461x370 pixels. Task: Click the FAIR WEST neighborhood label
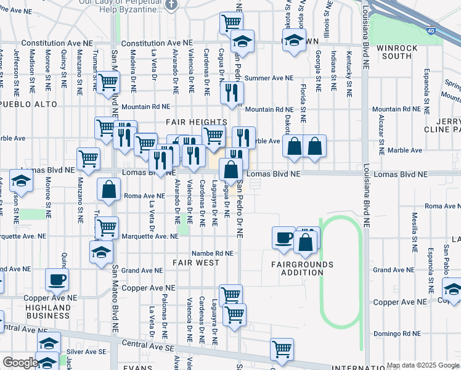coord(196,263)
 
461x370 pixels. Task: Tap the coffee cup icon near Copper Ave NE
coord(57,279)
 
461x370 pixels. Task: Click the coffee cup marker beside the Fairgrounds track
coord(284,237)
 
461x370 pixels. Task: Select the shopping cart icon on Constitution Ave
coord(230,23)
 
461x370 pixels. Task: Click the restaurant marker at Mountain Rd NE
coord(232,92)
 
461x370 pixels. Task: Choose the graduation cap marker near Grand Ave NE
coord(102,252)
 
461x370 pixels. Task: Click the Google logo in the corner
coord(20,363)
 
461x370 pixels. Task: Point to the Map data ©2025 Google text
coord(423,365)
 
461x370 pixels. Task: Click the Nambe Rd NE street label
coord(212,253)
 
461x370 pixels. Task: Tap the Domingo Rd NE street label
coord(397,334)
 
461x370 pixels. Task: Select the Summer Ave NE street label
coord(269,78)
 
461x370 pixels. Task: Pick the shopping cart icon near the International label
coord(282,348)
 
